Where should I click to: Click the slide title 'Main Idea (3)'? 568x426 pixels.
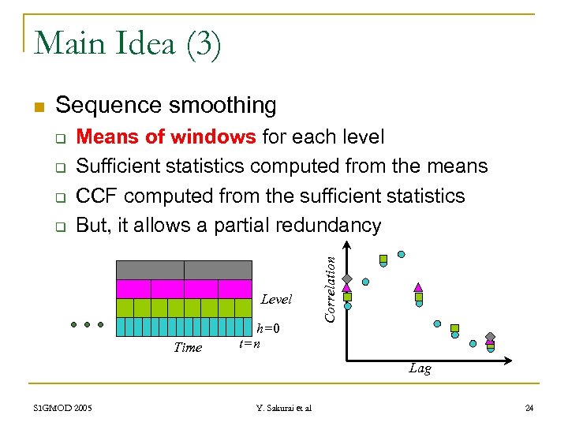[128, 43]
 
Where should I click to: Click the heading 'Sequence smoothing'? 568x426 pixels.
[166, 105]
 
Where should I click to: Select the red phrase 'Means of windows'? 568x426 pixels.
[166, 137]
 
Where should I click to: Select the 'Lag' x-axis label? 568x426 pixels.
[420, 368]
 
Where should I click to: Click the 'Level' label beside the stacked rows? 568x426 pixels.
[276, 299]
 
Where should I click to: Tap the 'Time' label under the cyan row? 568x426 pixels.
[188, 347]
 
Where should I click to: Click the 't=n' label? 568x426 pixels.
[249, 342]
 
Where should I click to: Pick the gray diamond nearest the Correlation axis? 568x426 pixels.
[346, 279]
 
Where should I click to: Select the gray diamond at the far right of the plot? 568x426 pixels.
[490, 337]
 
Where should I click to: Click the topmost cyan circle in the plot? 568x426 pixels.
[402, 255]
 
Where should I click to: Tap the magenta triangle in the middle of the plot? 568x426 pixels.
[419, 287]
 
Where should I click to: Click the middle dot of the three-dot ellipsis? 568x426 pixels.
[87, 324]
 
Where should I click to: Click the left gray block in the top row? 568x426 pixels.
[150, 269]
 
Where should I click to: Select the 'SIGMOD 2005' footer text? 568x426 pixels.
[62, 408]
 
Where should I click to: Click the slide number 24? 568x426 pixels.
[529, 408]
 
